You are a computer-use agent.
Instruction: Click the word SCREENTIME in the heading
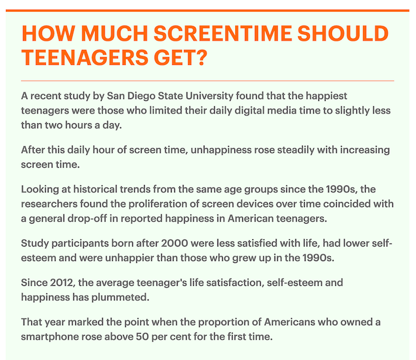tap(223, 33)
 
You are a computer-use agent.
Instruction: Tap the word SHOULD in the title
tap(343, 33)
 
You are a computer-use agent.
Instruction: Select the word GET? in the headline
tap(180, 57)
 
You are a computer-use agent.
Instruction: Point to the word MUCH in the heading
tap(115, 33)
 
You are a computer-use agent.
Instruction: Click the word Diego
tap(142, 96)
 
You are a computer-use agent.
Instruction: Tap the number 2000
tap(174, 243)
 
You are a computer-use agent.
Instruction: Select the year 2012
tap(62, 283)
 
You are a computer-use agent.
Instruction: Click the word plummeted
tap(121, 297)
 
